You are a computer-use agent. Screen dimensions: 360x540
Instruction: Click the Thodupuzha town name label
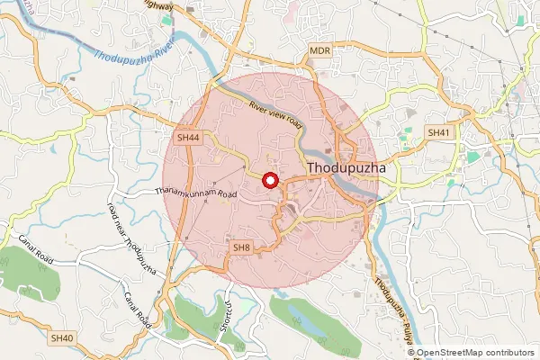point(346,168)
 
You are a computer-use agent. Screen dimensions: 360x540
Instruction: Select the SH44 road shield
point(188,138)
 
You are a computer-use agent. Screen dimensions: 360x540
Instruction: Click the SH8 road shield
point(242,247)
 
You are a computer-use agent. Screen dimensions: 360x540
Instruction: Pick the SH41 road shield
point(438,132)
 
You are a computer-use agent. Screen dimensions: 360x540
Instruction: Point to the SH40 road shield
point(62,337)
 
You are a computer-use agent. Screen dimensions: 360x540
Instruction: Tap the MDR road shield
point(320,51)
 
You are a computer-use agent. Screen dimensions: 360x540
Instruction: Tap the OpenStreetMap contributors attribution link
point(475,352)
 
